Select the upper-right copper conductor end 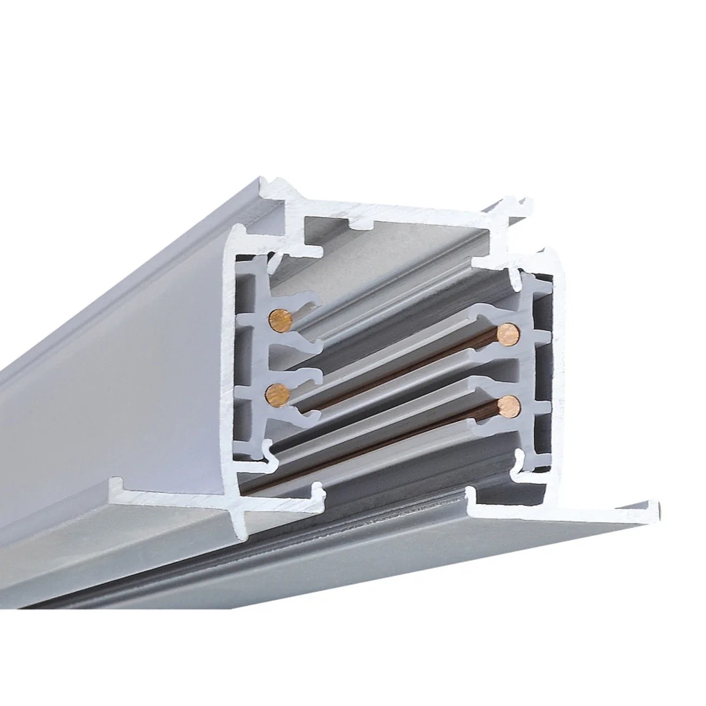point(507,333)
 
